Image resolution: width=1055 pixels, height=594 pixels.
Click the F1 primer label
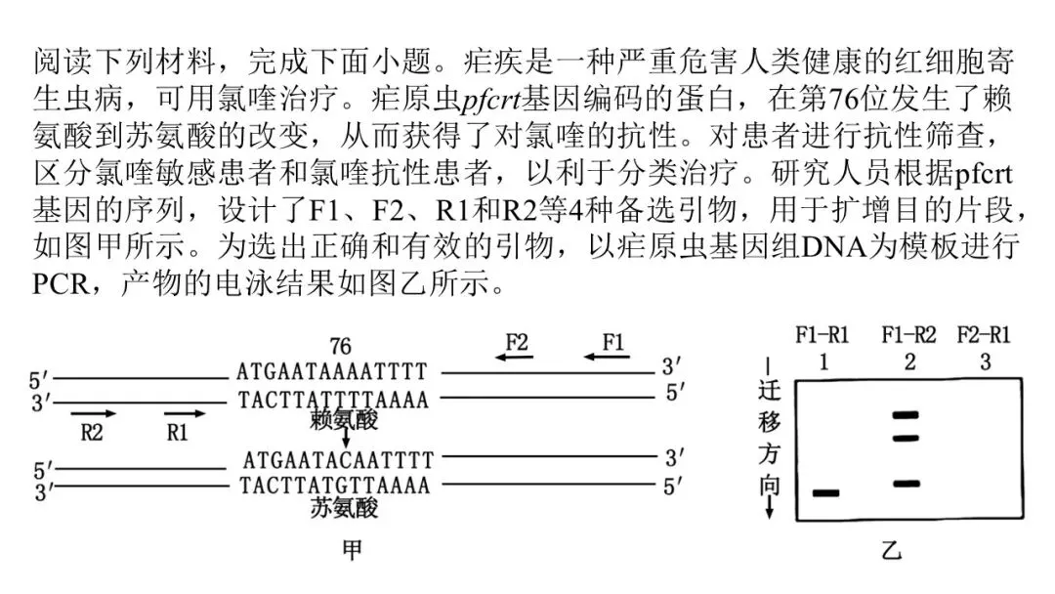[613, 342]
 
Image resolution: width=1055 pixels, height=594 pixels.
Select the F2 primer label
[518, 342]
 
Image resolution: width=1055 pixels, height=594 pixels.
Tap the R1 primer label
[177, 432]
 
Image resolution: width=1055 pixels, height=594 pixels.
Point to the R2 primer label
[91, 432]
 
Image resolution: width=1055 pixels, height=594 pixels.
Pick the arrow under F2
[514, 358]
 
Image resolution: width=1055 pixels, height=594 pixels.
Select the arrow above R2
[94, 413]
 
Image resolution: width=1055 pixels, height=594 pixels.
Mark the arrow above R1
[184, 413]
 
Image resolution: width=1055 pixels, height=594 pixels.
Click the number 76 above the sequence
[340, 347]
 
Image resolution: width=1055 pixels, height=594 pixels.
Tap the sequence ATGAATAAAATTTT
[332, 371]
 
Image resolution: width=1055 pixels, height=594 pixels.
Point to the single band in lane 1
[826, 492]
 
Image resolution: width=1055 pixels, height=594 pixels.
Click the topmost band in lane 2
[907, 415]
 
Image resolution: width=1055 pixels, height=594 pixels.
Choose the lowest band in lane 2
[907, 484]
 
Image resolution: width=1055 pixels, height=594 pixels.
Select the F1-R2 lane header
[908, 335]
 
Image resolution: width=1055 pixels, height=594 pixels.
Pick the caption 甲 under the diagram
[351, 551]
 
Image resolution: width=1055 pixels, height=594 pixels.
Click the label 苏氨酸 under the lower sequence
[344, 508]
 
